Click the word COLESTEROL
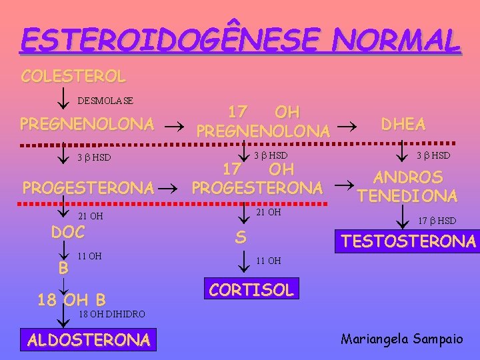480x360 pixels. pyautogui.click(x=73, y=76)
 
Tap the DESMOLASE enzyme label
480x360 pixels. pyautogui.click(x=105, y=101)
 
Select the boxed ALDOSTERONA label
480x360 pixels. pyautogui.click(x=89, y=340)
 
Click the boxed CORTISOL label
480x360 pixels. pyautogui.click(x=251, y=289)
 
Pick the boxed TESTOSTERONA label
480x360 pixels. pyautogui.click(x=409, y=241)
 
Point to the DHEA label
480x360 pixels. pyautogui.click(x=403, y=124)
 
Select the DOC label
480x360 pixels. pyautogui.click(x=68, y=232)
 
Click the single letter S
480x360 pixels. pyautogui.click(x=240, y=237)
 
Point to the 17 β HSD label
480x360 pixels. pyautogui.click(x=437, y=221)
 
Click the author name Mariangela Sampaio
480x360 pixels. pyautogui.click(x=401, y=339)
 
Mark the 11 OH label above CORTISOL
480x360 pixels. pyautogui.click(x=269, y=261)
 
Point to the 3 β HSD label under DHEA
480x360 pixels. pyautogui.click(x=433, y=155)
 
